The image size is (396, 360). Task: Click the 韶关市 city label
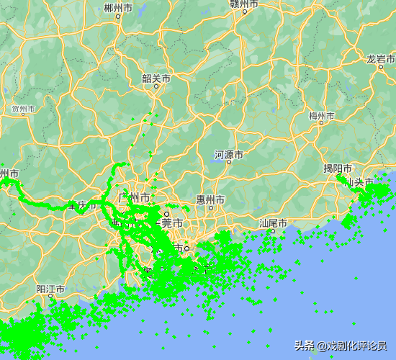coord(156,78)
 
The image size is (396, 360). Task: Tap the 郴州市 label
coord(118,9)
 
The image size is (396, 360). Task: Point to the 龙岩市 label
coord(380,59)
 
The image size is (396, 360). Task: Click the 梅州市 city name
coord(321,115)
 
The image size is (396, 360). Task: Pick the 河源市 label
coord(228,155)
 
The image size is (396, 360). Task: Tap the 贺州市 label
coord(23,109)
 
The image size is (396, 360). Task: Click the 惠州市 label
coord(210,199)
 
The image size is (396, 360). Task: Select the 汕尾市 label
coord(273,223)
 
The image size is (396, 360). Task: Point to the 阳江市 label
coord(50,289)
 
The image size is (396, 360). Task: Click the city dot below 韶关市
coord(156,86)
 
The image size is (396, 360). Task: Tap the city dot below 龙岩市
coord(380,68)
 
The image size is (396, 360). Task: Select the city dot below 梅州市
coord(321,124)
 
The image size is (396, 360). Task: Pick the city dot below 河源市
coord(229,163)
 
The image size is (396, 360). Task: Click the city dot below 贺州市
coord(24,117)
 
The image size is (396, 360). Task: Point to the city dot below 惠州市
coord(210,208)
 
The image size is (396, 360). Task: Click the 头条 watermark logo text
coord(304,345)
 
